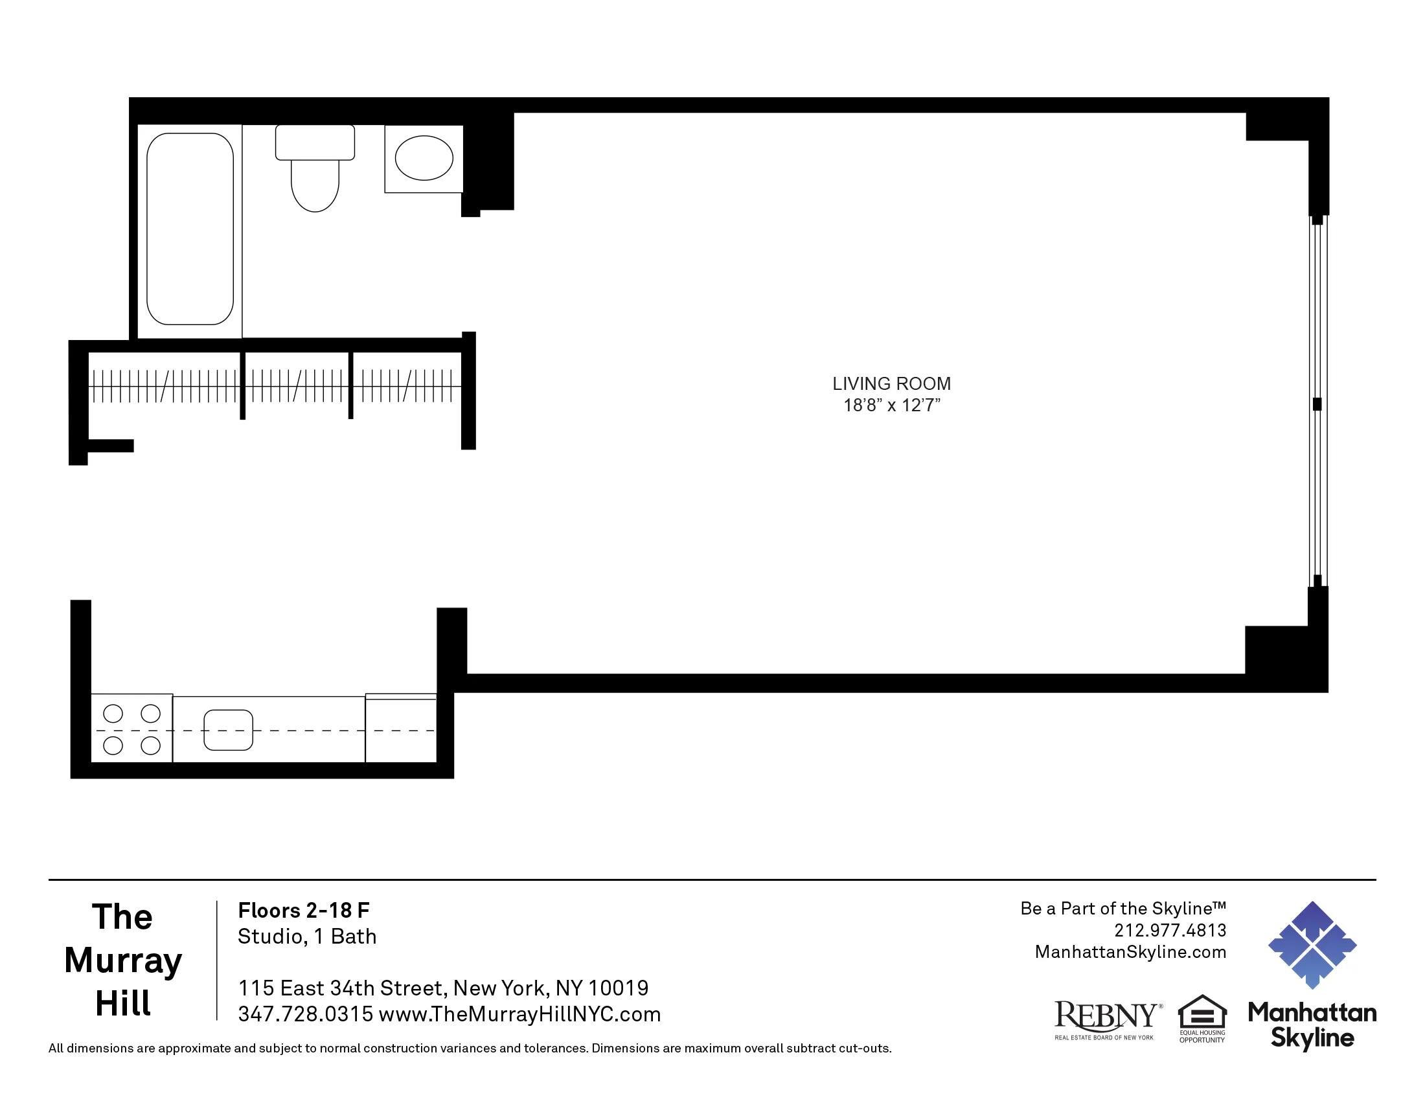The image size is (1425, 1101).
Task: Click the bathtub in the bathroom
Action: click(190, 229)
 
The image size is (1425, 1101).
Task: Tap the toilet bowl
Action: click(315, 186)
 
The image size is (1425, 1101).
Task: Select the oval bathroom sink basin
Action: click(424, 158)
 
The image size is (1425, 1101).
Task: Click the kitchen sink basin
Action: click(229, 730)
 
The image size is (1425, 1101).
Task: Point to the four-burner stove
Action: click(131, 729)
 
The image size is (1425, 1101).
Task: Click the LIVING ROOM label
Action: click(891, 383)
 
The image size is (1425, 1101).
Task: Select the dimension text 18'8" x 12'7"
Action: click(891, 405)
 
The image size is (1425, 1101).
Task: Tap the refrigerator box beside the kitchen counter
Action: click(400, 729)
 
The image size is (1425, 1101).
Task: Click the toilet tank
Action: click(315, 142)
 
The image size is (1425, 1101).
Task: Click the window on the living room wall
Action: click(1317, 401)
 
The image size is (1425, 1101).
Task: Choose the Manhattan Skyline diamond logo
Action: click(1312, 944)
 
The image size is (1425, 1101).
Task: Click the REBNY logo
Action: click(1106, 1019)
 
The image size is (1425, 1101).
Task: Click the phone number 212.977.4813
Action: click(1170, 930)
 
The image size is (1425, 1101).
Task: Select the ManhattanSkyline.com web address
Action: click(1130, 952)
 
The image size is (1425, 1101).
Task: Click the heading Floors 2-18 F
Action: click(303, 911)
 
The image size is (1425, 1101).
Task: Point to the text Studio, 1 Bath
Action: click(306, 936)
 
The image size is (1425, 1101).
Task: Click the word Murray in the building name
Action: click(122, 960)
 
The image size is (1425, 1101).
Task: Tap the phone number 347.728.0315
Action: click(305, 1014)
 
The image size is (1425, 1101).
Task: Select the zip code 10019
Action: click(618, 988)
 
